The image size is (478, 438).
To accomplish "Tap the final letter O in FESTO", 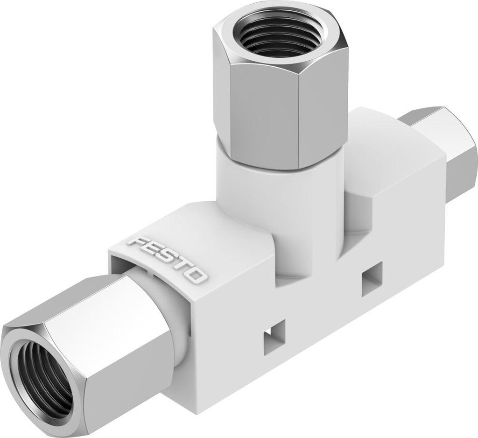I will coord(197,277).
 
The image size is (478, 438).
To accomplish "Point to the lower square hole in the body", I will coord(274,337).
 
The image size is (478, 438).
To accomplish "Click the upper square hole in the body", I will coord(372,279).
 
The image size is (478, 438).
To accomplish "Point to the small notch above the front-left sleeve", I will coord(148,271).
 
